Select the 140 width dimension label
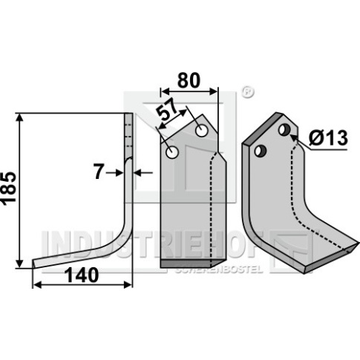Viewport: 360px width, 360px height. coord(82,275)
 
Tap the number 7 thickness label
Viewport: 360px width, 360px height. coord(98,172)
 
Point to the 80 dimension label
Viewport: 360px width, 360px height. coord(189,80)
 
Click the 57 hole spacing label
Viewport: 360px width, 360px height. coord(168,110)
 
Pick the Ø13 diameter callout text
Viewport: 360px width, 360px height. coord(328,138)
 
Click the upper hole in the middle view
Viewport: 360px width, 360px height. coord(201,131)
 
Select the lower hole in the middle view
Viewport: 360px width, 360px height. coord(172,152)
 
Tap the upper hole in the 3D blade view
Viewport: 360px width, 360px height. coord(284,130)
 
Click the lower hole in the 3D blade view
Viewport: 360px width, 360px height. coord(261,151)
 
